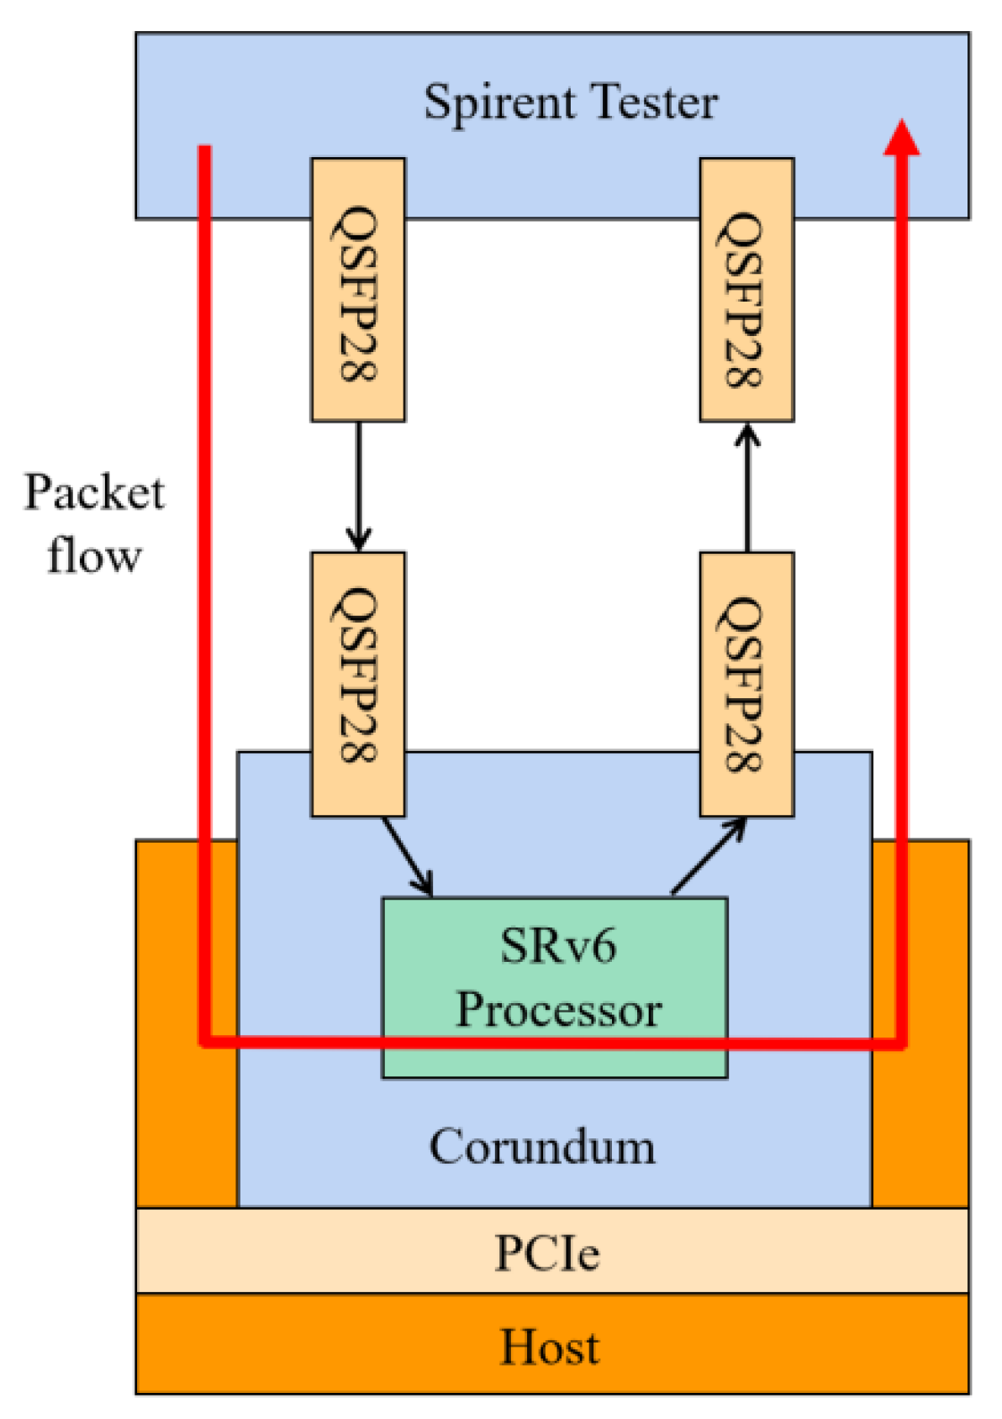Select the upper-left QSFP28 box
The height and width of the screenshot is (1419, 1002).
click(x=358, y=290)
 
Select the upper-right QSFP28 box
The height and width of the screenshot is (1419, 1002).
click(x=746, y=290)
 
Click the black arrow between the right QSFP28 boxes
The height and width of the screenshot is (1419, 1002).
click(x=746, y=487)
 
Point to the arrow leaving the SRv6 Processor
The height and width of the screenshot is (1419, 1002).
click(x=709, y=856)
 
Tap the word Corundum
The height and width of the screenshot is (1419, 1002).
click(x=542, y=1147)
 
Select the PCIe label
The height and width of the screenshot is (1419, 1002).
click(x=547, y=1253)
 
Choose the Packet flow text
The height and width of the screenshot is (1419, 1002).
click(x=93, y=523)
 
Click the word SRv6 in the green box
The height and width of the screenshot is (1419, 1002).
click(x=557, y=946)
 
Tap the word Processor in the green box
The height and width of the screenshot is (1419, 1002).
click(x=558, y=1009)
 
